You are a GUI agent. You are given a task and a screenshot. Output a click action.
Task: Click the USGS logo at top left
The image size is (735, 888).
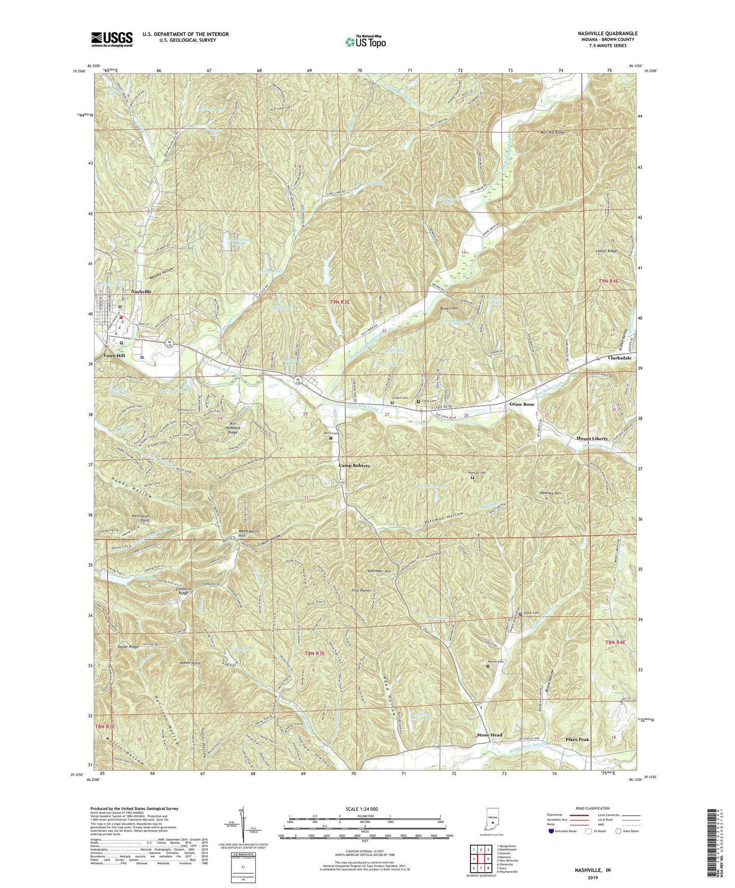coord(112,39)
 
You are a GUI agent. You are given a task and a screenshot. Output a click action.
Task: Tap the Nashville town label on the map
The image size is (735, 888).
coord(141,292)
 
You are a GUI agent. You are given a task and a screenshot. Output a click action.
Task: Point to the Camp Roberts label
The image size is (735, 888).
coord(355,466)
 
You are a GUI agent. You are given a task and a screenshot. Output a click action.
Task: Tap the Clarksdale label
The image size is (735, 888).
coord(617,358)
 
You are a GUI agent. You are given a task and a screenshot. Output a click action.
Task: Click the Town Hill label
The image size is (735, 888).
coord(114,356)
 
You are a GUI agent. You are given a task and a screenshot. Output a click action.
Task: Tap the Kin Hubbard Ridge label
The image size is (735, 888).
coord(241,427)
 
